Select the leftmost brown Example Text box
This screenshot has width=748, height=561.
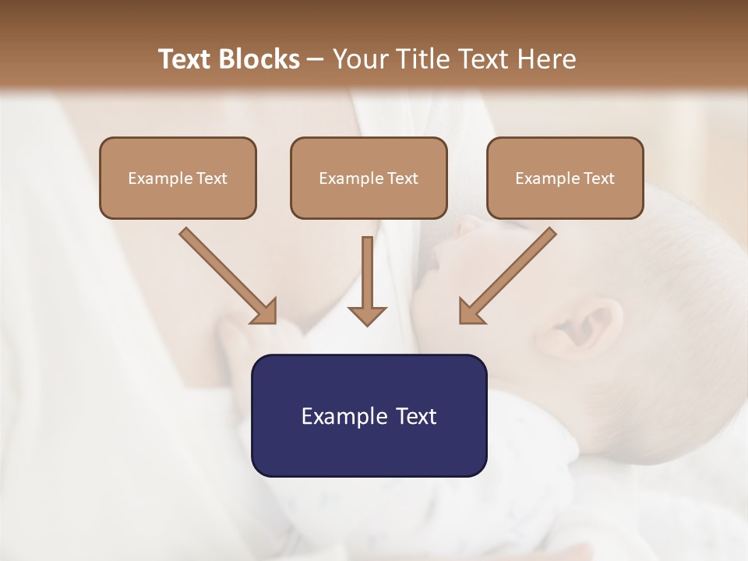pyautogui.click(x=178, y=178)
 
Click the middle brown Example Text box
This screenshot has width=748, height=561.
pyautogui.click(x=369, y=178)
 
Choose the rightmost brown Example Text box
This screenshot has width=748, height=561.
pyautogui.click(x=565, y=178)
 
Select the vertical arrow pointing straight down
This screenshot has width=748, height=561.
pyautogui.click(x=367, y=277)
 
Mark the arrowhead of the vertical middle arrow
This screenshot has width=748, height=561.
pyautogui.click(x=367, y=316)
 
